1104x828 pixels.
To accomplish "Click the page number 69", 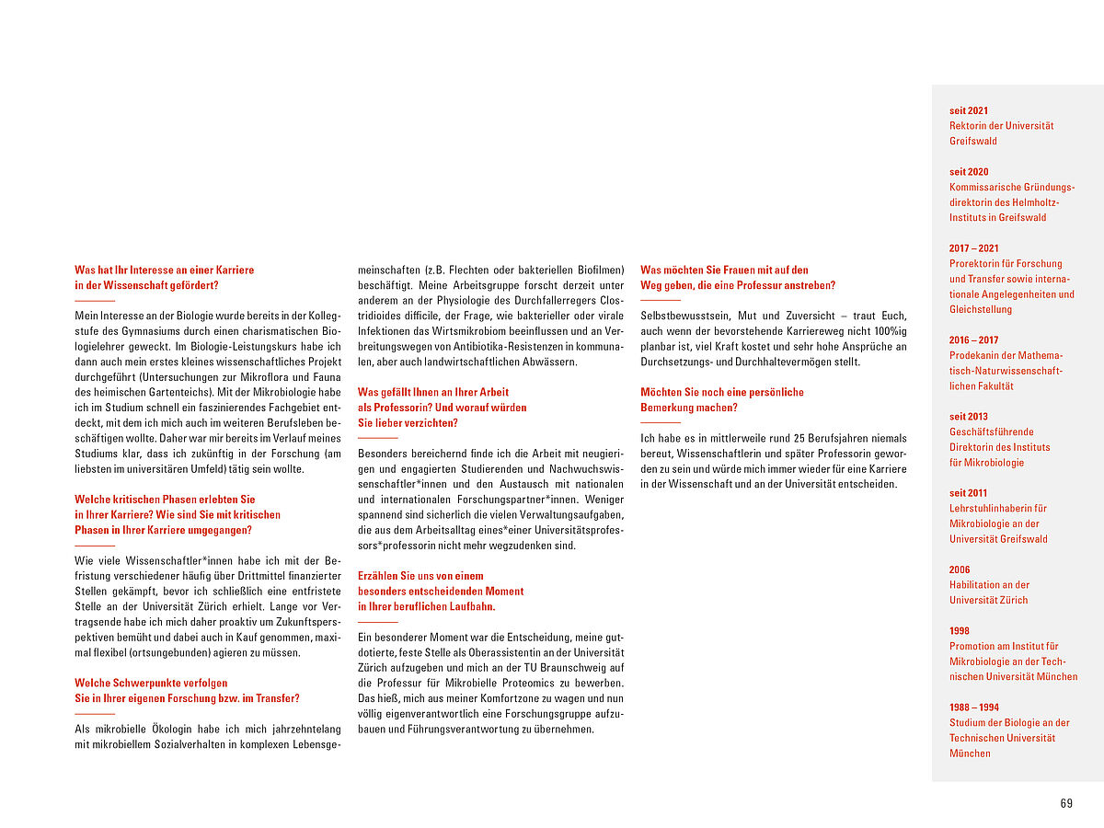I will [1066, 803].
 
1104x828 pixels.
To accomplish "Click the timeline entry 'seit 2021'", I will [969, 110].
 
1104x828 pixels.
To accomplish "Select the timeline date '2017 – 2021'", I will [974, 248].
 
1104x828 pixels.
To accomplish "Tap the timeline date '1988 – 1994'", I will [974, 707].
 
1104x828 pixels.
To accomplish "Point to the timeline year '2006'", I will [960, 569].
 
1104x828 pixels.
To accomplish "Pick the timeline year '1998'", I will [960, 631].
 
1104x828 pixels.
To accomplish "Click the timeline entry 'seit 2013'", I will [969, 417].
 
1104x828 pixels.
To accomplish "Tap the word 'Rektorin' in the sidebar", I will [969, 126].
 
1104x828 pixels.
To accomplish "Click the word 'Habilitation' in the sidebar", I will [976, 585].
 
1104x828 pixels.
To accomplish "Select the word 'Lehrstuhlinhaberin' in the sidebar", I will [985, 508].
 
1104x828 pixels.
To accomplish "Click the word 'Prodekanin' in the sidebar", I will [974, 355].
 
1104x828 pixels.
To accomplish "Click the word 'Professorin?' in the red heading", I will [386, 407].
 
